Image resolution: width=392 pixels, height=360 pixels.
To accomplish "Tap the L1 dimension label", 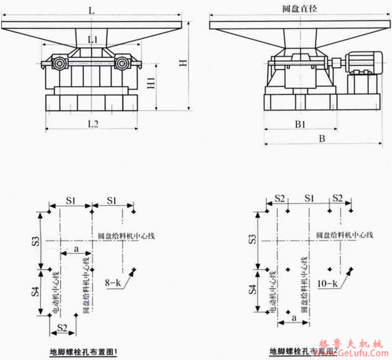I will (92, 39).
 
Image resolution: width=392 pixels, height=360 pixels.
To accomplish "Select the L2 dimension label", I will (92, 124).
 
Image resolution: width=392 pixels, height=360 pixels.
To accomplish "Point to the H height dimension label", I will (184, 63).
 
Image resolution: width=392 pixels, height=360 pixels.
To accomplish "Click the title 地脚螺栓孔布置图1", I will (85, 351).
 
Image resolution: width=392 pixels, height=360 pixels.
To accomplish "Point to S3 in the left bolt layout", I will (35, 239).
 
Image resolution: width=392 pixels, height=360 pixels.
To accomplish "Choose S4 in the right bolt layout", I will (253, 291).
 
